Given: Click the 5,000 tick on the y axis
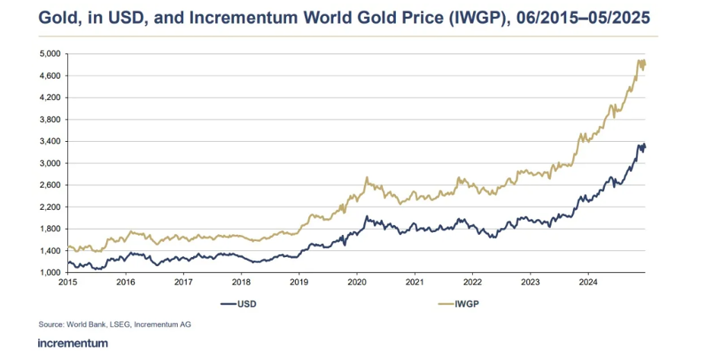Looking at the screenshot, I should [50, 53].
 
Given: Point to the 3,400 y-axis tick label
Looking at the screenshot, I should [50, 141].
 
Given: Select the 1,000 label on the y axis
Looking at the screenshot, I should [50, 272].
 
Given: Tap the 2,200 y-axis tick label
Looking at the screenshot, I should [50, 207].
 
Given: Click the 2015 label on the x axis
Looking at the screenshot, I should [67, 282].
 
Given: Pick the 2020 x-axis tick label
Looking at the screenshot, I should [356, 282].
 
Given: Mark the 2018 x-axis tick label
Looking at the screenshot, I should [241, 282].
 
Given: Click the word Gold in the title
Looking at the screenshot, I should [59, 18].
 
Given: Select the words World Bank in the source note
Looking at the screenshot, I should [91, 325].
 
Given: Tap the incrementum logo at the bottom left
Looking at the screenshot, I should [72, 343].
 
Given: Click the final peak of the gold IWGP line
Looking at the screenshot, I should [638, 60].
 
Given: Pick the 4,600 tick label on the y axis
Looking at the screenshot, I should [50, 76].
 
